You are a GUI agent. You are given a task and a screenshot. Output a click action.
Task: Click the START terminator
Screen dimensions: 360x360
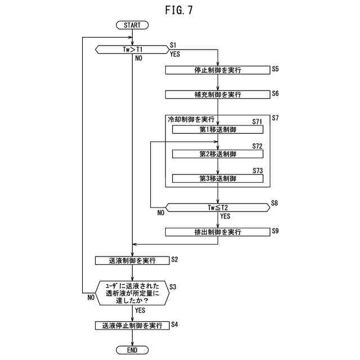pyautogui.click(x=132, y=25)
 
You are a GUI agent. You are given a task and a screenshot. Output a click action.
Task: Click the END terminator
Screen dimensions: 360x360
pyautogui.click(x=132, y=350)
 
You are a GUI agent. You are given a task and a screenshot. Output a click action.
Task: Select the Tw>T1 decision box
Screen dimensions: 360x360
pyautogui.click(x=132, y=49)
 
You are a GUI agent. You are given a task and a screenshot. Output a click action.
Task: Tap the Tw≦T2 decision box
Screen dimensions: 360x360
pyautogui.click(x=218, y=208)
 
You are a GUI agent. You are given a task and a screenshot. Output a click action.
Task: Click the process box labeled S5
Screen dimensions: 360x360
pyautogui.click(x=218, y=70)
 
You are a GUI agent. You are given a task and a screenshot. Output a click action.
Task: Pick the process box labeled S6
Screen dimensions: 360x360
pyautogui.click(x=218, y=94)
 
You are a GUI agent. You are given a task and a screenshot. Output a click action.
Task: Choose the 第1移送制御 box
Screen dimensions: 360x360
pyautogui.click(x=218, y=129)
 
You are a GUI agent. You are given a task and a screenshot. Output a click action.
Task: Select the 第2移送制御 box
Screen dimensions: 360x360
pyautogui.click(x=218, y=154)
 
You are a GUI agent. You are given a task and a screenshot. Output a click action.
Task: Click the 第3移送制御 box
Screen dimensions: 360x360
pyautogui.click(x=218, y=179)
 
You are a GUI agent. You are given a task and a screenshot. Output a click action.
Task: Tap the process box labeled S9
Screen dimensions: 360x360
pyautogui.click(x=218, y=232)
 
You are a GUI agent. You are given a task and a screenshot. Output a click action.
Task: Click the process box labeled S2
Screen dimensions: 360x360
pyautogui.click(x=132, y=260)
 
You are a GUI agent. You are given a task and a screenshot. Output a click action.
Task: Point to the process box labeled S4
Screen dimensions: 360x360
pyautogui.click(x=132, y=326)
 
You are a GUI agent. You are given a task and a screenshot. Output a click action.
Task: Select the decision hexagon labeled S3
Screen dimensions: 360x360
pyautogui.click(x=132, y=293)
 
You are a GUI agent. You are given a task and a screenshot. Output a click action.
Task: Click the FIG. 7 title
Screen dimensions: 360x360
pyautogui.click(x=179, y=10)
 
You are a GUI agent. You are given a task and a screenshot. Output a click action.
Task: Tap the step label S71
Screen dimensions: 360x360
pyautogui.click(x=257, y=121)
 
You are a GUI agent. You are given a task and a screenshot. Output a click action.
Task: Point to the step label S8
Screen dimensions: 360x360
pyautogui.click(x=274, y=203)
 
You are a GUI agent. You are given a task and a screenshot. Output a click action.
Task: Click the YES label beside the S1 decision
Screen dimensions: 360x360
pyautogui.click(x=175, y=54)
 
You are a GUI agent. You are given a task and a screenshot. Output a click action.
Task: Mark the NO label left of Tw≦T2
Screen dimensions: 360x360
pyautogui.click(x=161, y=213)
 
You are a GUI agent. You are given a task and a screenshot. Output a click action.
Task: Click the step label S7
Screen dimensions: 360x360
pyautogui.click(x=275, y=118)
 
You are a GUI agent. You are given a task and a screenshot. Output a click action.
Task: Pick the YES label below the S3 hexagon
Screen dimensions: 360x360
pyautogui.click(x=140, y=310)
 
